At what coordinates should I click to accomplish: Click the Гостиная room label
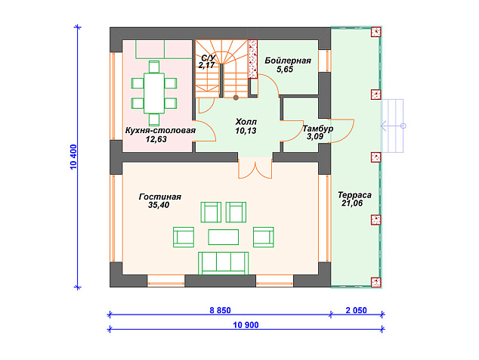[x=160, y=197]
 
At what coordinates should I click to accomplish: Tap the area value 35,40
[x=159, y=205]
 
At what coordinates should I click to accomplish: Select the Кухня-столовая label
[x=160, y=131]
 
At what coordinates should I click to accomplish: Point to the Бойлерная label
[x=288, y=61]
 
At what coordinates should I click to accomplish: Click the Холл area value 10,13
[x=246, y=131]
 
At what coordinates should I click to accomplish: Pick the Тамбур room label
[x=318, y=129]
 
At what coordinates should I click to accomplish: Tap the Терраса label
[x=354, y=195]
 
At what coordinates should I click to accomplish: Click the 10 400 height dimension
[x=73, y=157]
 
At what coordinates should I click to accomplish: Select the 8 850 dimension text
[x=220, y=310]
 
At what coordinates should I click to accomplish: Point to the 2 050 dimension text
[x=356, y=310]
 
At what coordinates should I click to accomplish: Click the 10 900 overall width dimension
[x=246, y=324]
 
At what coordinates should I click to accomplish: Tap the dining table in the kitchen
[x=154, y=93]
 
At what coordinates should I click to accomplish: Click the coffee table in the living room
[x=224, y=237]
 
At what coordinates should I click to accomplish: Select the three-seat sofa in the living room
[x=224, y=263]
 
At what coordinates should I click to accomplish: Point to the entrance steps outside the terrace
[x=393, y=126]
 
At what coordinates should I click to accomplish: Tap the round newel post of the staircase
[x=236, y=98]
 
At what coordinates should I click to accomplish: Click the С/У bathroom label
[x=209, y=57]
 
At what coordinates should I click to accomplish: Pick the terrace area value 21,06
[x=352, y=203]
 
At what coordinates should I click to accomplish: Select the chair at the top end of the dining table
[x=154, y=67]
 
